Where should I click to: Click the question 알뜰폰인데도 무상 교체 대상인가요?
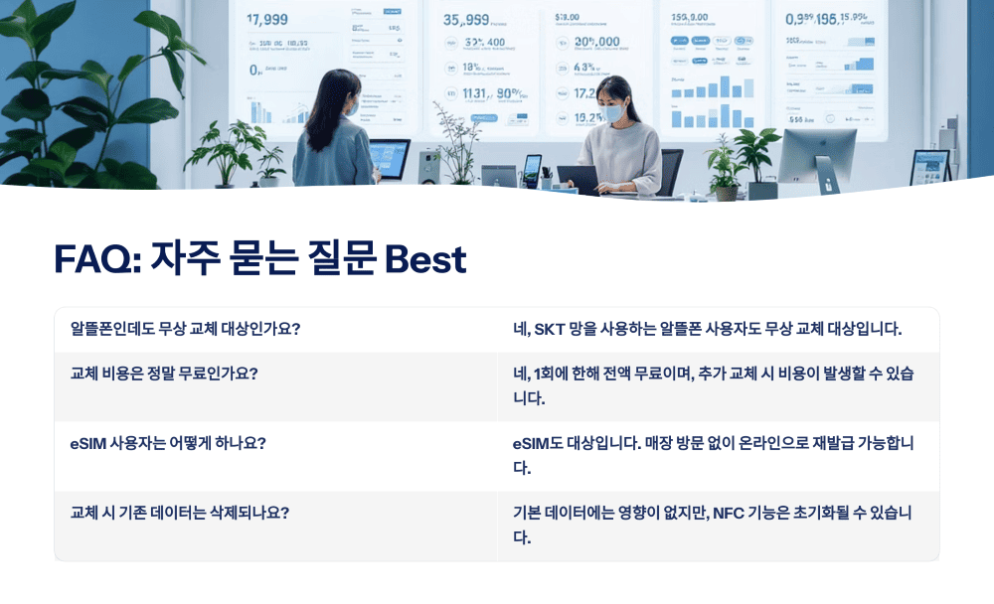point(185,329)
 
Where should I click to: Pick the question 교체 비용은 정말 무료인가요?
point(164,374)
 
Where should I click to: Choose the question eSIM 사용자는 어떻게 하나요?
point(168,443)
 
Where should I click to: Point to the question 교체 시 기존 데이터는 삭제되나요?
point(180,513)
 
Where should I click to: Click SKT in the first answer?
point(549,329)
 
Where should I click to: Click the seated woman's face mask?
point(613,113)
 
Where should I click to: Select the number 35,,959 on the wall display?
point(464,19)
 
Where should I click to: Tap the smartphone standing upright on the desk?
point(533,170)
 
